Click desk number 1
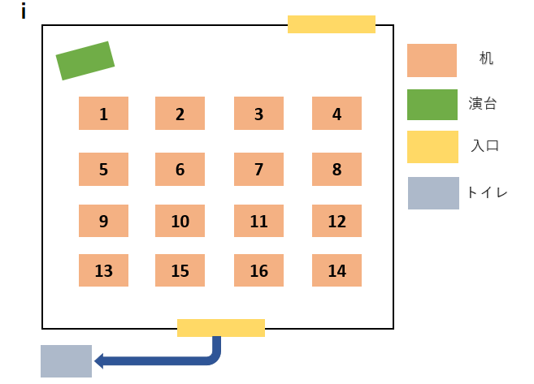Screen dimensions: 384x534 [x=103, y=114]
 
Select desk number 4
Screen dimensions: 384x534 [x=336, y=114]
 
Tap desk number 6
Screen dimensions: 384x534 [x=180, y=170]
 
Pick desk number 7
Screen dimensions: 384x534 [x=258, y=170]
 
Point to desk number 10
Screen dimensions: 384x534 [x=180, y=221]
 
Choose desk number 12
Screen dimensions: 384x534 [x=336, y=221]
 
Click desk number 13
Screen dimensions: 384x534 [x=103, y=270]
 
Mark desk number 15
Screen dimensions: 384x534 [x=180, y=270]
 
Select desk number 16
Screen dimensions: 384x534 [x=258, y=270]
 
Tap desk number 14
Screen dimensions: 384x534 [x=336, y=270]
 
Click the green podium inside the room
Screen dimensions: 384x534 [x=85, y=61]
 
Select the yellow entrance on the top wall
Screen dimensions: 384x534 [x=331, y=24]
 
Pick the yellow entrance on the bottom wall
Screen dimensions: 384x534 [x=220, y=328]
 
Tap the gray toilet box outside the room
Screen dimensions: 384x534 [x=66, y=361]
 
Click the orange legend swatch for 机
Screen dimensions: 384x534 [x=432, y=60]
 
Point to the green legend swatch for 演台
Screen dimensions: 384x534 [x=432, y=104]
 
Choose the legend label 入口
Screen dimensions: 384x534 [x=484, y=147]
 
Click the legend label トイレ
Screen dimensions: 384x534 [x=487, y=193]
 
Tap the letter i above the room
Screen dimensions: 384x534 [x=24, y=12]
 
